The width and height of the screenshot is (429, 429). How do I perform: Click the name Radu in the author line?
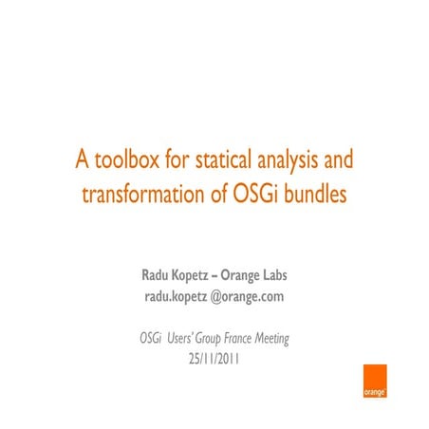tap(158, 276)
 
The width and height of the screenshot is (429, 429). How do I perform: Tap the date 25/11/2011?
tap(214, 361)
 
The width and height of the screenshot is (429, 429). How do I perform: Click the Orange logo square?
tap(374, 382)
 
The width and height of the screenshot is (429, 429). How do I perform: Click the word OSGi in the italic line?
tap(150, 339)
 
